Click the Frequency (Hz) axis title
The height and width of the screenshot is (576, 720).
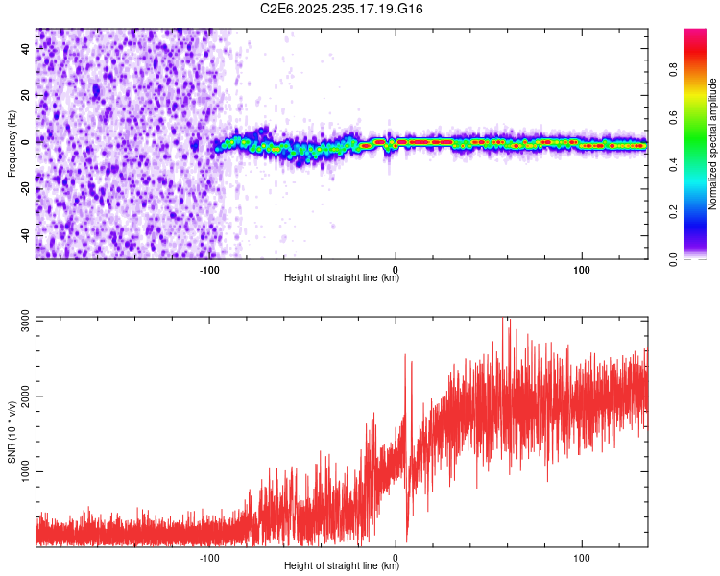[12, 143]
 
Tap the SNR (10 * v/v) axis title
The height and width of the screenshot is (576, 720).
[12, 432]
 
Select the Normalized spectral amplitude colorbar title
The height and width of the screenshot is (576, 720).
[712, 144]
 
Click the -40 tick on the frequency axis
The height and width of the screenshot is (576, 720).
[27, 236]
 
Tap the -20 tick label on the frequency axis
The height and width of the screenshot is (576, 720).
[27, 189]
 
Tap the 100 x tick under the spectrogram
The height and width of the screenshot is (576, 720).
[582, 269]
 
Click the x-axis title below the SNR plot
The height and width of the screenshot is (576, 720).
[342, 567]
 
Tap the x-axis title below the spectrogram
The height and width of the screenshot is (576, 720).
[342, 279]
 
